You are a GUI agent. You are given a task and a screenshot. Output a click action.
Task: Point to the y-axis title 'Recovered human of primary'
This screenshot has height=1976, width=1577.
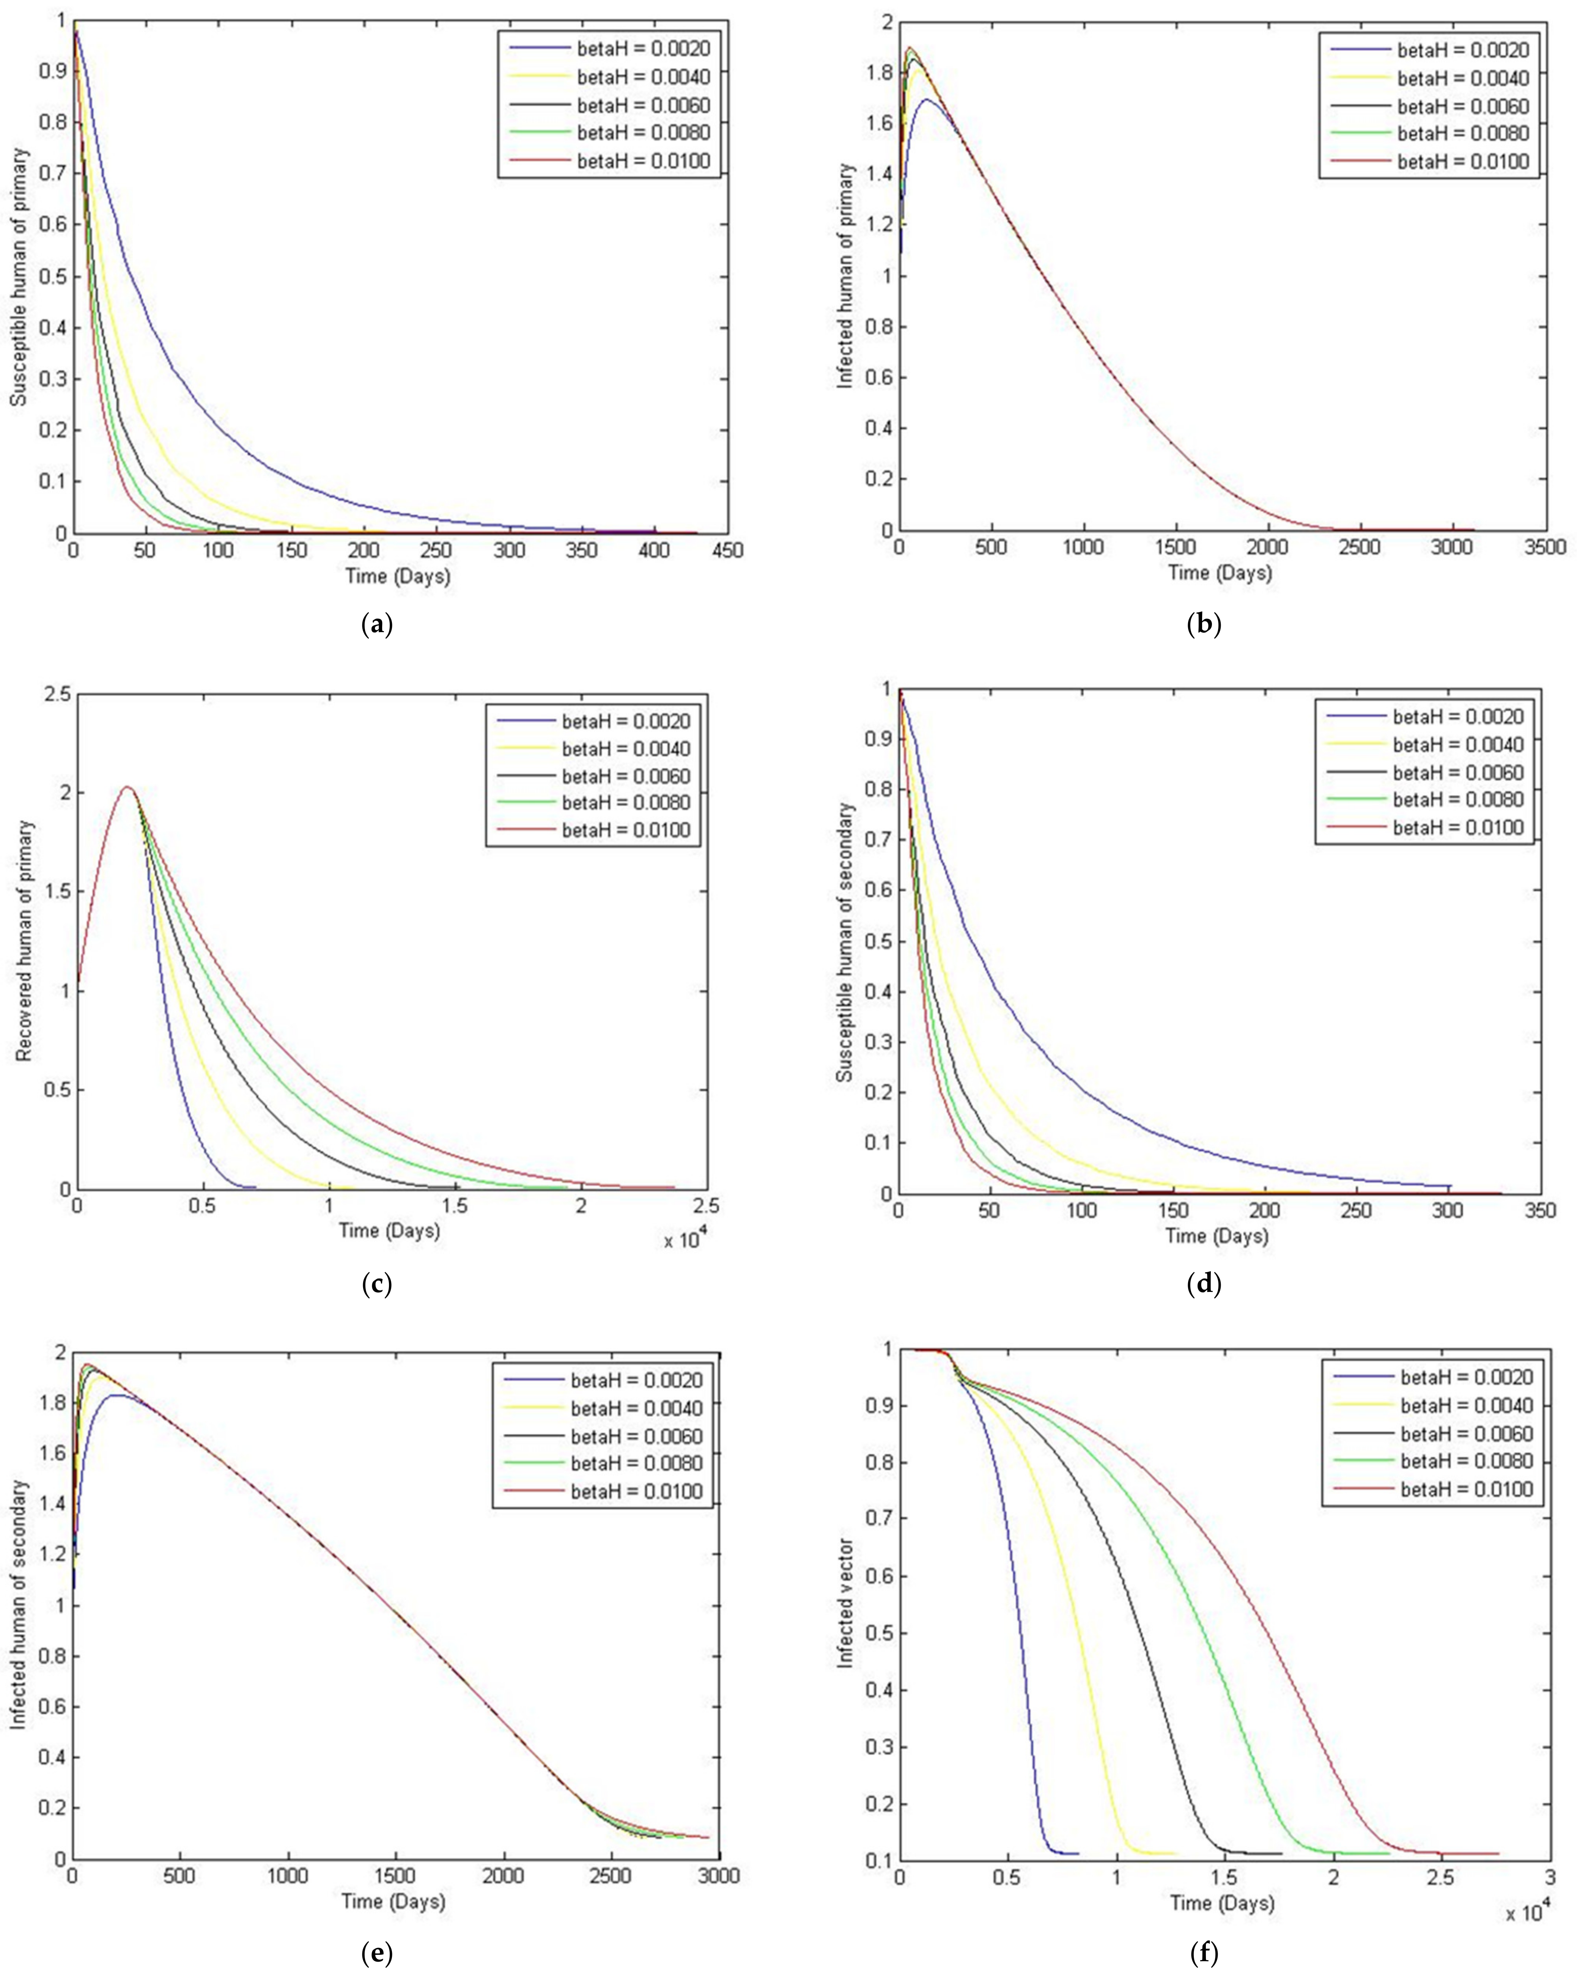(x=26, y=940)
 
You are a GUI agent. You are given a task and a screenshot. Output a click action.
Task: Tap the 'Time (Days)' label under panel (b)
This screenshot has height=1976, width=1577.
(x=1220, y=573)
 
